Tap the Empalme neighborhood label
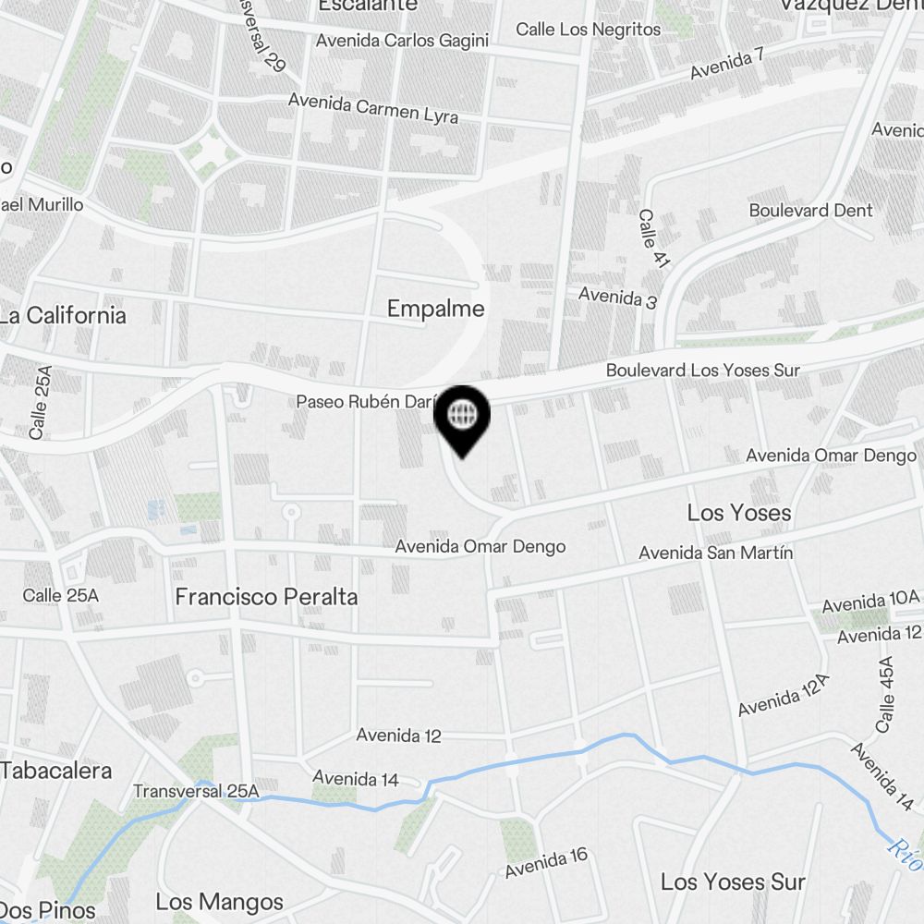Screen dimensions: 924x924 tap(435, 309)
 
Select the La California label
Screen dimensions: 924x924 tap(63, 315)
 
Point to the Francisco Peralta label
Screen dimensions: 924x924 tap(266, 597)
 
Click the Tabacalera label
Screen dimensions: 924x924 tap(56, 771)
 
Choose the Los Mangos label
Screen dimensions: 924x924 tap(219, 902)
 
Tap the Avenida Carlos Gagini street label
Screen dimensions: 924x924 tap(402, 41)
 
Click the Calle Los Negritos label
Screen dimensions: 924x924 tap(589, 30)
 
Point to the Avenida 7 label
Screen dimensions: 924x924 tap(727, 62)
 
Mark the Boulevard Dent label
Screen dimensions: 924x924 tap(810, 211)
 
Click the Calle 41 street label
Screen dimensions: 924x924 tap(653, 238)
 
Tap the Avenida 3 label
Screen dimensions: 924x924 tap(617, 298)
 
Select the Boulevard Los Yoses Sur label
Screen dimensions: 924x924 tap(702, 371)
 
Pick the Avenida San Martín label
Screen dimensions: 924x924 tap(716, 553)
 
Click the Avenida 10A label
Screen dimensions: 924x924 tap(871, 601)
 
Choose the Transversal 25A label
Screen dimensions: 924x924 tap(196, 792)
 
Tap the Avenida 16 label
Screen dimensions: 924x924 tap(546, 863)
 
